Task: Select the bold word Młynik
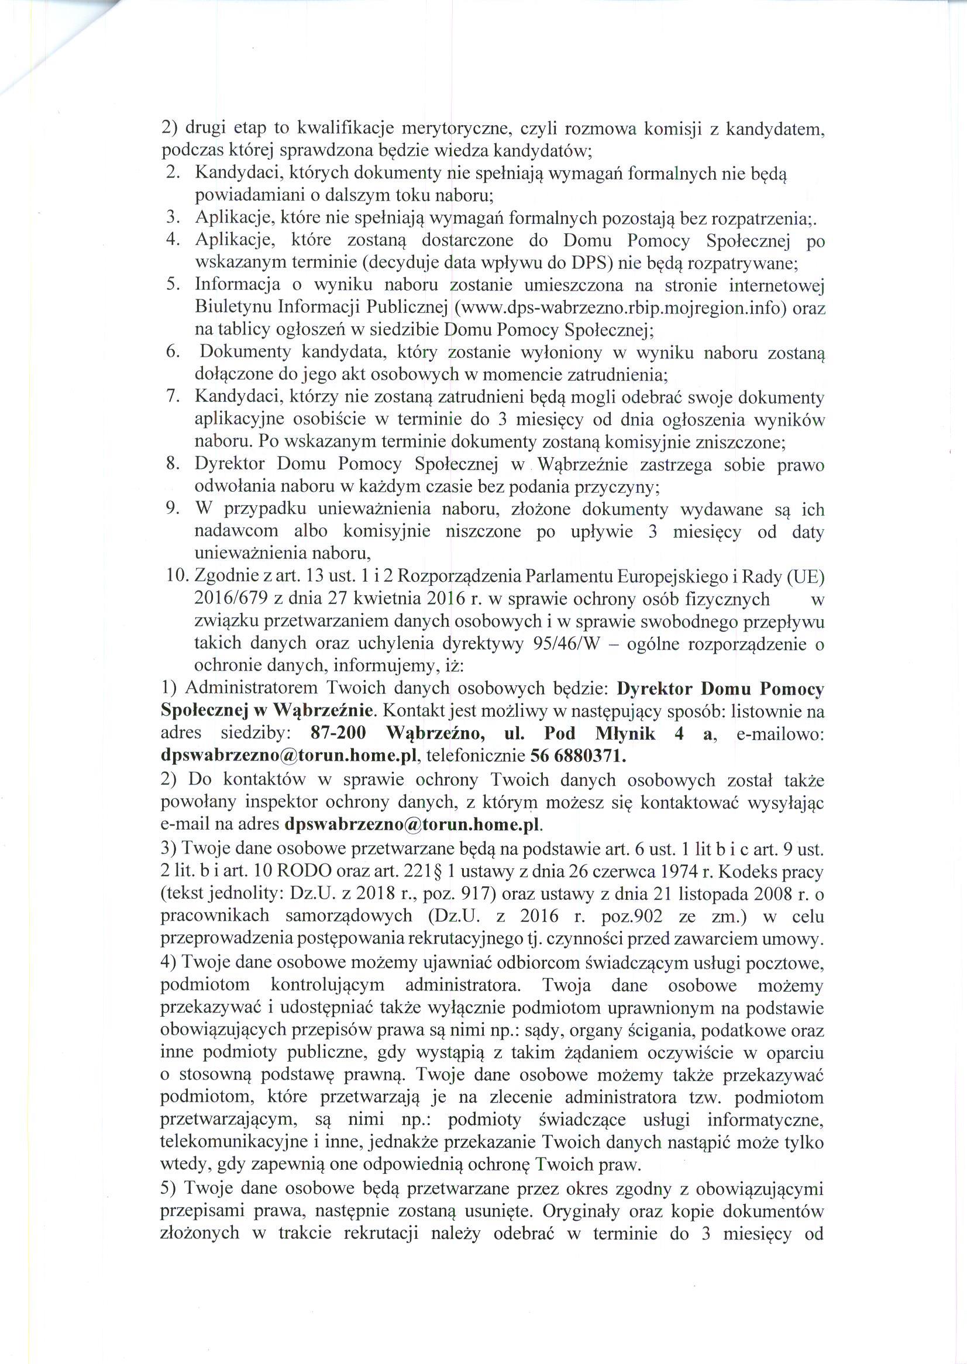click(625, 733)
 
